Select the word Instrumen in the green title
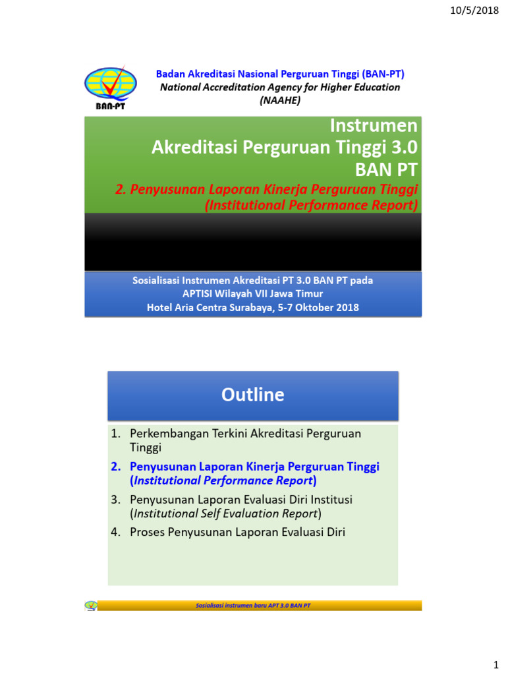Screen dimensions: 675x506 click(x=374, y=126)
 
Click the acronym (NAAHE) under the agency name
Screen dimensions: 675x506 click(x=280, y=100)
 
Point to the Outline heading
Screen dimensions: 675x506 click(x=253, y=395)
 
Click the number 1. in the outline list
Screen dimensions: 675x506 click(x=117, y=434)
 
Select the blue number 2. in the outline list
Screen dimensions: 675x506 click(x=117, y=467)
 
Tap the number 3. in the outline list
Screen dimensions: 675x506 click(x=117, y=500)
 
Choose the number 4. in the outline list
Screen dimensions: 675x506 click(x=117, y=532)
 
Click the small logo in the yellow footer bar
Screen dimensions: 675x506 click(x=91, y=605)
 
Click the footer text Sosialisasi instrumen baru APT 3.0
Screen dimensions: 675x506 click(x=254, y=605)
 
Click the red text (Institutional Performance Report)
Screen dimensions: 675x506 click(x=312, y=205)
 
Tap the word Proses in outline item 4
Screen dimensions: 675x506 click(x=148, y=532)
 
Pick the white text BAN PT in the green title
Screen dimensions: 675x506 click(x=386, y=169)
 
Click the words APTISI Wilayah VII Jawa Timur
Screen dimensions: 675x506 click(x=253, y=294)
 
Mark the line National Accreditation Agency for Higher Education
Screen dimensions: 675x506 click(x=280, y=87)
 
